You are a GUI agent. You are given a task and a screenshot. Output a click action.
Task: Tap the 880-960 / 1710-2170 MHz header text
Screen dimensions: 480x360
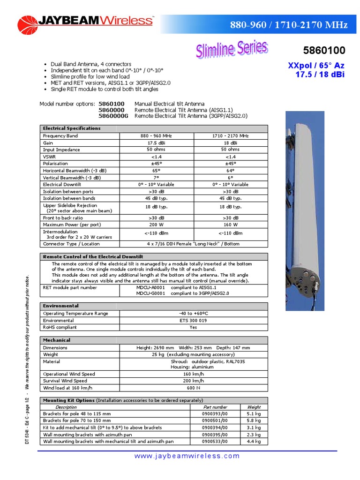pyautogui.click(x=289, y=25)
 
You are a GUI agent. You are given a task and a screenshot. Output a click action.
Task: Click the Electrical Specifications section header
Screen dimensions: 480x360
pyautogui.click(x=71, y=128)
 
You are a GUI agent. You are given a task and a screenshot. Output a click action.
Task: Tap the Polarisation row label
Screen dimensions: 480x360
pyautogui.click(x=55, y=164)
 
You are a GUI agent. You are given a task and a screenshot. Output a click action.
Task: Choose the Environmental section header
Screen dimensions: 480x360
pyautogui.click(x=61, y=306)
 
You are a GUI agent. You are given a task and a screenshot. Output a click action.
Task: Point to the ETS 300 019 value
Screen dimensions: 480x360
pyautogui.click(x=193, y=320)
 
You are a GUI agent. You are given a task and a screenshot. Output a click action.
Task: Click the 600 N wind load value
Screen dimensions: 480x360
pyautogui.click(x=193, y=388)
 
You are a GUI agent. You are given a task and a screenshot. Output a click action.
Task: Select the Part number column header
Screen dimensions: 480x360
pyautogui.click(x=216, y=407)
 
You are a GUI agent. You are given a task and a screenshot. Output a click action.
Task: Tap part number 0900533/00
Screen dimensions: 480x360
pyautogui.click(x=215, y=441)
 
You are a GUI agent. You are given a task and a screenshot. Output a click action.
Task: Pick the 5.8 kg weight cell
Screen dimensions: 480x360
pyautogui.click(x=254, y=421)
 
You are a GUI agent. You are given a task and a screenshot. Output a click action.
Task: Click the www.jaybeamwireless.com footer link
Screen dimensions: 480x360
pyautogui.click(x=187, y=456)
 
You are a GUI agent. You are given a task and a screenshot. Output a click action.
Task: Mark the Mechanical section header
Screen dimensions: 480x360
pyautogui.click(x=57, y=340)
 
